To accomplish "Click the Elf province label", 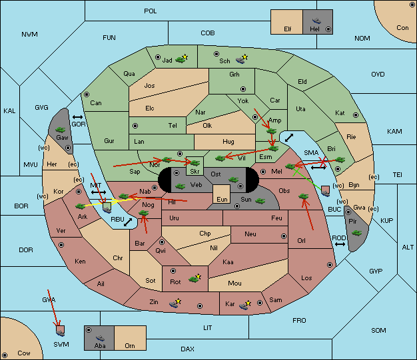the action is pyautogui.click(x=288, y=29).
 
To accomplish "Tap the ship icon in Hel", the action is pyautogui.click(x=316, y=21).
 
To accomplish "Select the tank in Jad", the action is pyautogui.click(x=181, y=60).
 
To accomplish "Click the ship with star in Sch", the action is pyautogui.click(x=240, y=60).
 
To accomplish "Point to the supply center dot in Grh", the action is pyautogui.click(x=243, y=89).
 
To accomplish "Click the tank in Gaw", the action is pyautogui.click(x=61, y=130).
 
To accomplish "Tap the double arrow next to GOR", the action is pyautogui.click(x=78, y=117).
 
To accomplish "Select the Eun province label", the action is pyautogui.click(x=222, y=199).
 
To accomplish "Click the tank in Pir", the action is pyautogui.click(x=356, y=233).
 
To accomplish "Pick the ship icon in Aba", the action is pyautogui.click(x=100, y=337).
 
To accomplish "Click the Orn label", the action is pyautogui.click(x=130, y=345).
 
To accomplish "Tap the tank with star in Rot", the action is pyautogui.click(x=194, y=279).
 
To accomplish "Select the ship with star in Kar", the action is pyautogui.click(x=244, y=306).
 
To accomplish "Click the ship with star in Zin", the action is pyautogui.click(x=174, y=304).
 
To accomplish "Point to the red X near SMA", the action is pyautogui.click(x=323, y=160).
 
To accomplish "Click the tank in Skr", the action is pyautogui.click(x=195, y=162).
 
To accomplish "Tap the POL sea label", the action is pyautogui.click(x=151, y=11).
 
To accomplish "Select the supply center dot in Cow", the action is pyautogui.click(x=5, y=355).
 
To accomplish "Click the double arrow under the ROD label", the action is pyautogui.click(x=340, y=244).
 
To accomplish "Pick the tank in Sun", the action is pyautogui.click(x=260, y=201).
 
